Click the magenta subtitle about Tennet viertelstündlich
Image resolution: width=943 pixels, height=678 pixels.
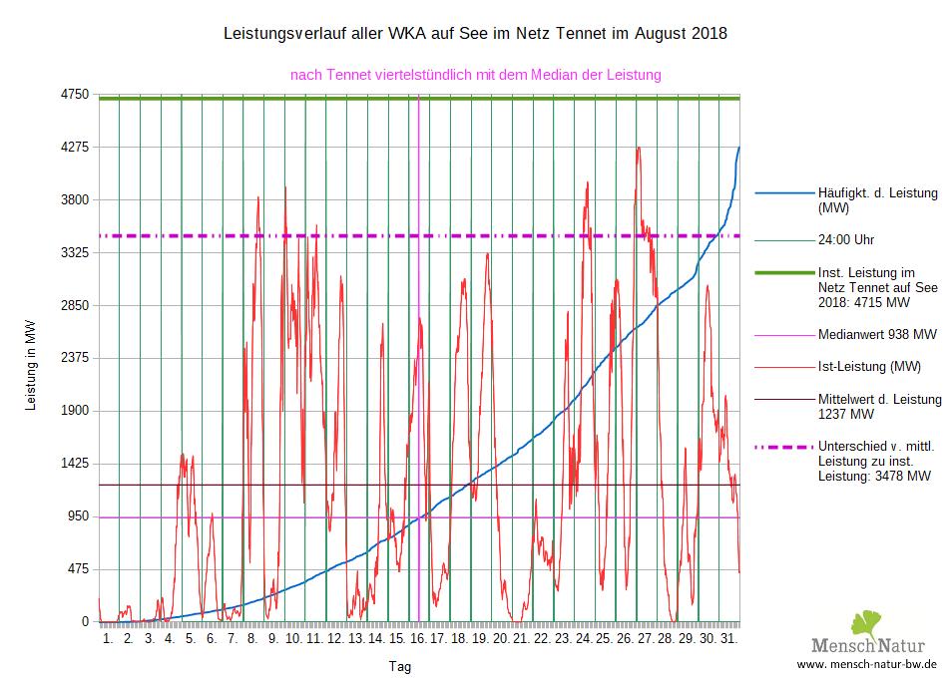(475, 74)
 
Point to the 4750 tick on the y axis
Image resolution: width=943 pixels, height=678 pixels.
(76, 95)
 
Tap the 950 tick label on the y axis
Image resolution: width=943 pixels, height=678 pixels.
(79, 516)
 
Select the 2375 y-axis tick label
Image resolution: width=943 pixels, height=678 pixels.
(76, 358)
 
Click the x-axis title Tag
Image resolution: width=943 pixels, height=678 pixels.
(399, 666)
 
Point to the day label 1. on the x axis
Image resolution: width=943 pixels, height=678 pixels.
(109, 639)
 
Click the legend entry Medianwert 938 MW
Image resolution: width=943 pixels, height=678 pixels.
(876, 334)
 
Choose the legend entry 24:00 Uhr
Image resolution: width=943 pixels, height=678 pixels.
(846, 240)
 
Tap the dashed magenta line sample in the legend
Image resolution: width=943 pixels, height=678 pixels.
(783, 446)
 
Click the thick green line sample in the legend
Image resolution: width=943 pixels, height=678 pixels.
(783, 271)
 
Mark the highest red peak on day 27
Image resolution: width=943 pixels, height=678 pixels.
(638, 148)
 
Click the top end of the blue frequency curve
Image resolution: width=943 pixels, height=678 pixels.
(738, 148)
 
